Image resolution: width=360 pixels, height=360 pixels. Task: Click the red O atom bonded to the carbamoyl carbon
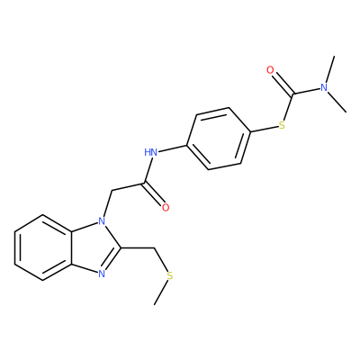270,70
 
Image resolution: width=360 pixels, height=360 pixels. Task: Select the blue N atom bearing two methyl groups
324,87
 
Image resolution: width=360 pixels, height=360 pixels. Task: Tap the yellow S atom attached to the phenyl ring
282,125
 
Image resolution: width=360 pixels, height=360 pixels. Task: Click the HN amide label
151,152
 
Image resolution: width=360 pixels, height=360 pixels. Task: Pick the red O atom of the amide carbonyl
166,207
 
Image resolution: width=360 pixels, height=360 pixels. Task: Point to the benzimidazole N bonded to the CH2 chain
102,221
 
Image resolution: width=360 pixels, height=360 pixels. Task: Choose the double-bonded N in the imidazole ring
102,274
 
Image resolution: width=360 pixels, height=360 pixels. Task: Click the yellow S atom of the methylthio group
170,275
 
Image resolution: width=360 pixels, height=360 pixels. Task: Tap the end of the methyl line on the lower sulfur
155,304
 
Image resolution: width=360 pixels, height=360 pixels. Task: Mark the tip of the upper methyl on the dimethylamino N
334,56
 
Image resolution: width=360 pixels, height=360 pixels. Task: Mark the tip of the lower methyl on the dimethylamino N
346,112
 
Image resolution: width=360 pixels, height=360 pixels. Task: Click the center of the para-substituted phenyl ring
219,139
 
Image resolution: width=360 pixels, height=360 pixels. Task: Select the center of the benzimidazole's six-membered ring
43,247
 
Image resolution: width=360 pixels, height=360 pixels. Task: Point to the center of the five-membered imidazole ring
94,247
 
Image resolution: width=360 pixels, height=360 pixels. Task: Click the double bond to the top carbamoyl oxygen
283,83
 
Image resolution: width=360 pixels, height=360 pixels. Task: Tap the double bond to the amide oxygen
154,193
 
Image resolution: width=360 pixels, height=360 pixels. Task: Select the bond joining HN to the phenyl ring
172,149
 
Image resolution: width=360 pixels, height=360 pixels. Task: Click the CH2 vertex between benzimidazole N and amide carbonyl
112,191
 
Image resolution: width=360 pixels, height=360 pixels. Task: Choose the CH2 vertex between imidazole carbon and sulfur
154,247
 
